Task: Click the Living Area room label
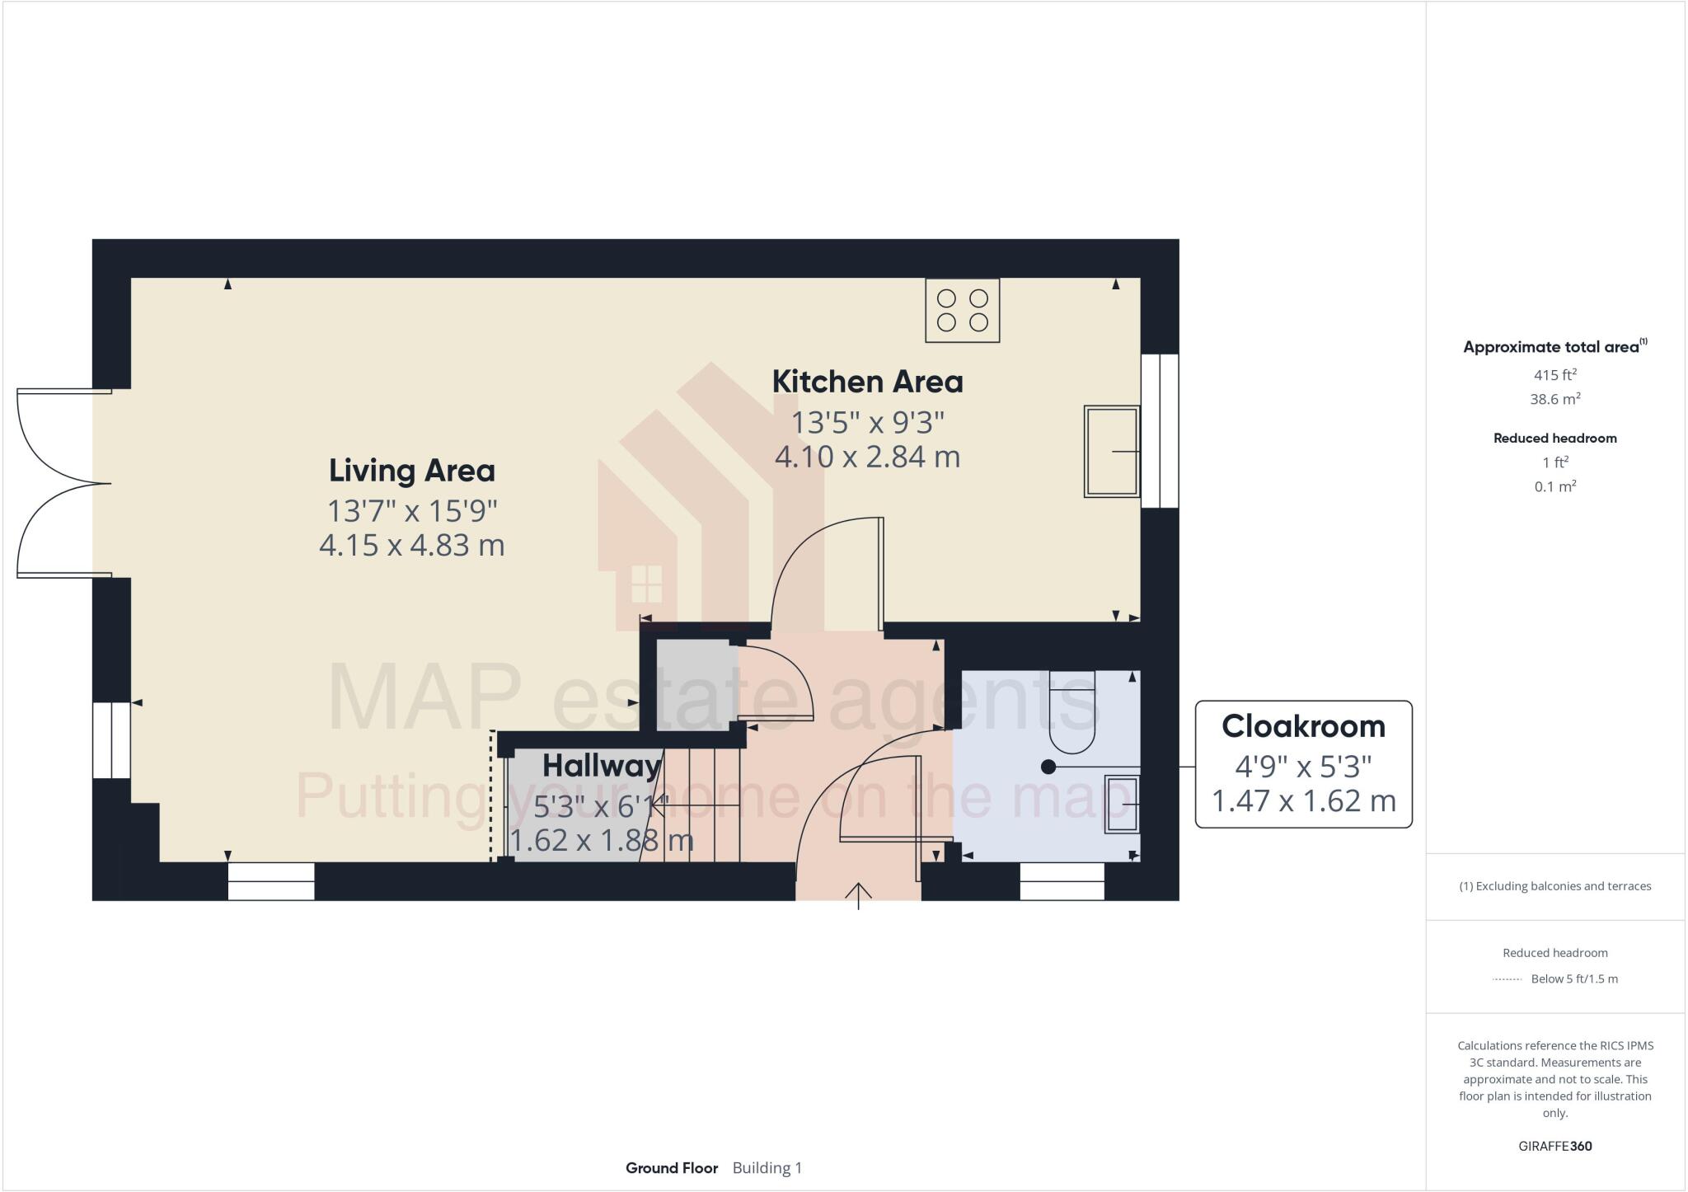point(411,471)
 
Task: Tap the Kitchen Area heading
point(867,382)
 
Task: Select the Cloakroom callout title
point(1303,726)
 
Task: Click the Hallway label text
point(601,766)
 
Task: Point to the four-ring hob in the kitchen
point(962,311)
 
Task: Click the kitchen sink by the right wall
point(1111,451)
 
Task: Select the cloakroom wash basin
point(1122,804)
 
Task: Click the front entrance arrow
point(859,895)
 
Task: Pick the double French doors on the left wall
point(62,483)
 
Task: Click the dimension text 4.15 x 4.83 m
point(411,545)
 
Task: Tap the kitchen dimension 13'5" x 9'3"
point(867,423)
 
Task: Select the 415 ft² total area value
point(1554,375)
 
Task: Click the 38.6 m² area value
point(1554,399)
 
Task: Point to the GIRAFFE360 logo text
point(1554,1146)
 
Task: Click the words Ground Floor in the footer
point(671,1168)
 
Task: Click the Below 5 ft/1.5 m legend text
point(1573,979)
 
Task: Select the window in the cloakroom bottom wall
point(1062,881)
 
